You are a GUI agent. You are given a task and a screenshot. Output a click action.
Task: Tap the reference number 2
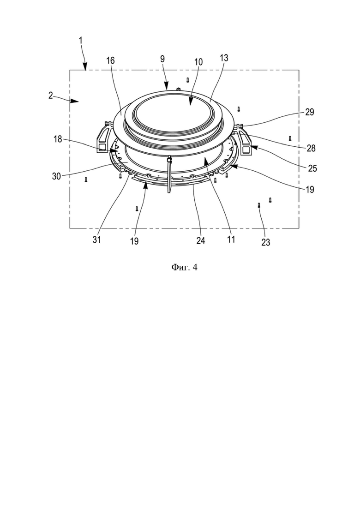point(51,96)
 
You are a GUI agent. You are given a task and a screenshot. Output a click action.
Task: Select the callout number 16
point(110,61)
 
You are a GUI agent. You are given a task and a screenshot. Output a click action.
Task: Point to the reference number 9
point(162,59)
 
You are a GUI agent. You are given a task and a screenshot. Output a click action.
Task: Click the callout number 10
point(198,62)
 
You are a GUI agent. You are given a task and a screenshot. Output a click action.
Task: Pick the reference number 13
point(224,58)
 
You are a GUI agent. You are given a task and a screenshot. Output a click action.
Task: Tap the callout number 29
point(310,112)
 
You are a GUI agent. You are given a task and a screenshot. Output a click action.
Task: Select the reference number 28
point(311,148)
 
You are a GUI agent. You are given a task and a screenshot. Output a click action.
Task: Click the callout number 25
point(312,168)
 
